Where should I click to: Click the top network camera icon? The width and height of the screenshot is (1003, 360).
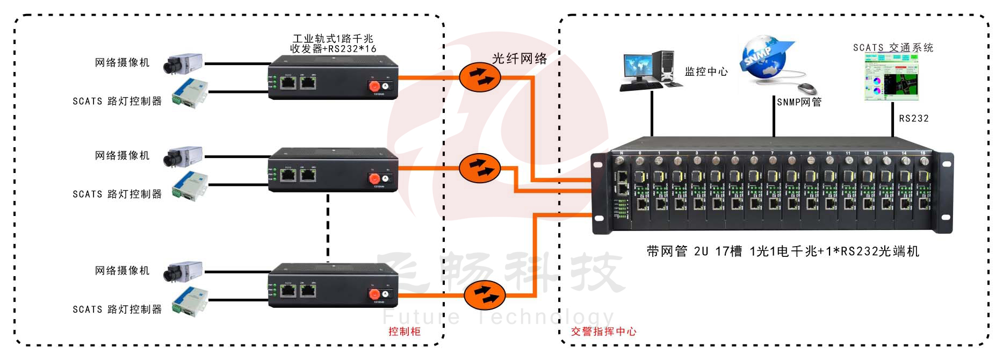pos(184,63)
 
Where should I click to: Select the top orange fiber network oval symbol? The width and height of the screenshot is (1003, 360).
pos(480,77)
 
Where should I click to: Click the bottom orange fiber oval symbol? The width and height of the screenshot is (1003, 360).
pos(484,294)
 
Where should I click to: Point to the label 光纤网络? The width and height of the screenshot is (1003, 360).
pos(519,59)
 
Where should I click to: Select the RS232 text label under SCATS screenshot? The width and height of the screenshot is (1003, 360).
pos(913,118)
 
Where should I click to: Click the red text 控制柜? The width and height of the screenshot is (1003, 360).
pos(404,332)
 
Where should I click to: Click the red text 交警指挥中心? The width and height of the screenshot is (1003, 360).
pos(603,332)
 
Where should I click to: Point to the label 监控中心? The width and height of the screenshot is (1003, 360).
pos(706,71)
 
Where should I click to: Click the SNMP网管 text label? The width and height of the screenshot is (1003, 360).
pos(799,102)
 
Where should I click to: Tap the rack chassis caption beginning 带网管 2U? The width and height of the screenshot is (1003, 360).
pos(782,251)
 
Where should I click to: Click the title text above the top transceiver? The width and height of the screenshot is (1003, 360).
pos(333,44)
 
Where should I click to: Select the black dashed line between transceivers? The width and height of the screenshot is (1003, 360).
pos(328,226)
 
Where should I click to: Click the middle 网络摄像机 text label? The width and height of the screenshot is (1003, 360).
pos(122,155)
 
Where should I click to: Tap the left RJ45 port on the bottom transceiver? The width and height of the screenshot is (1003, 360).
pos(288,291)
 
